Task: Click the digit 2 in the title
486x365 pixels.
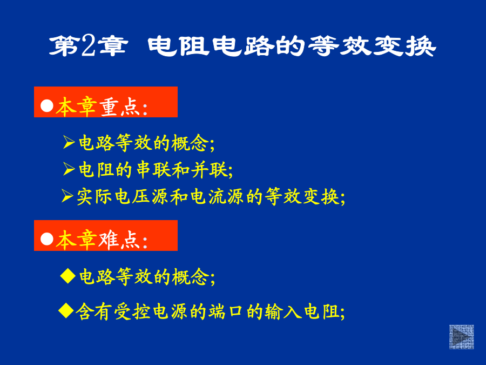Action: pyautogui.click(x=87, y=46)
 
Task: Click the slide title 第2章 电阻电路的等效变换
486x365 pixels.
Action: pyautogui.click(x=242, y=46)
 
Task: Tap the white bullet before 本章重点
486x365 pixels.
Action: pyautogui.click(x=47, y=105)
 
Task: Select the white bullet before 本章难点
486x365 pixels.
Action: pyautogui.click(x=47, y=239)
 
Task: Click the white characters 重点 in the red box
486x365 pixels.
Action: pyautogui.click(x=120, y=107)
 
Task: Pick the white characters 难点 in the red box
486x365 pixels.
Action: pyautogui.click(x=120, y=240)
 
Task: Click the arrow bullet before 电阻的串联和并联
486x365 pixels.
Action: pyautogui.click(x=69, y=169)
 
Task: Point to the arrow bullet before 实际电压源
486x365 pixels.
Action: pyautogui.click(x=67, y=196)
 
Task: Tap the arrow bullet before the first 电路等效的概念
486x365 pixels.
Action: pyautogui.click(x=69, y=142)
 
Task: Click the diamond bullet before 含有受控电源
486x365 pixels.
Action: pyautogui.click(x=66, y=310)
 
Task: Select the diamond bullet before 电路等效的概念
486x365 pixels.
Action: pyautogui.click(x=68, y=276)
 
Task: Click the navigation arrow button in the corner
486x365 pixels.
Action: pyautogui.click(x=462, y=337)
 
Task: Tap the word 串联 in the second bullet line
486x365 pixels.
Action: pyautogui.click(x=154, y=170)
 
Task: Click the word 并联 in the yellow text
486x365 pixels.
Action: pyautogui.click(x=209, y=170)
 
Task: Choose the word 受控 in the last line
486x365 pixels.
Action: pyautogui.click(x=132, y=311)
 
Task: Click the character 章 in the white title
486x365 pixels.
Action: pyautogui.click(x=112, y=46)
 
